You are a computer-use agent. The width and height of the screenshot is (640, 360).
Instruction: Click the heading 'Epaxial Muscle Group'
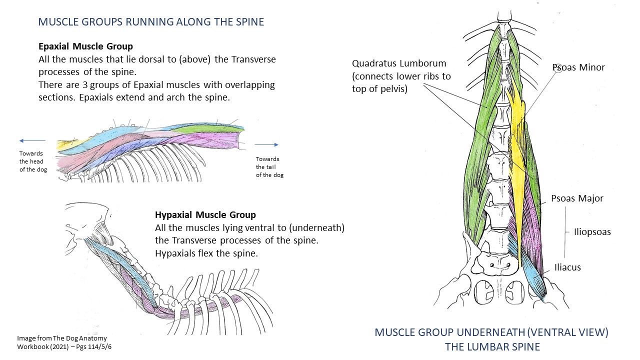85,46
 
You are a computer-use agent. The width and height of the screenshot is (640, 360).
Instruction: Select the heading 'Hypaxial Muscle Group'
205,215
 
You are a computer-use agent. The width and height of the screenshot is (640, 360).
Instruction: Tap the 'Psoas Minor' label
578,67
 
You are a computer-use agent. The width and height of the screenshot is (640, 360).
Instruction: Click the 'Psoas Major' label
577,198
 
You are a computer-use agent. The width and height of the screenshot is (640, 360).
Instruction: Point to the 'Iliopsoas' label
592,231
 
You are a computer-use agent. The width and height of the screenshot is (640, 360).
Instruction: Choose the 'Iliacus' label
567,267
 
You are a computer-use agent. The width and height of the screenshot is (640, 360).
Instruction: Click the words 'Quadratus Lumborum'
399,63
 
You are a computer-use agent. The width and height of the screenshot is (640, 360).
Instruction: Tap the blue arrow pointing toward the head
32,140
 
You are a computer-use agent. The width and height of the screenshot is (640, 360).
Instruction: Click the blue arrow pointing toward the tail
266,144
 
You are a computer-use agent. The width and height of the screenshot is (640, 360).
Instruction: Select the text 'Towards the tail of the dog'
269,167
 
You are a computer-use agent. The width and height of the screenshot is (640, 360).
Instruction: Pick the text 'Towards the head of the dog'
33,161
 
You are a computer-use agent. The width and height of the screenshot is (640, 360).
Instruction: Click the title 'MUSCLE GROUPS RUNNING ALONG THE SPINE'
151,22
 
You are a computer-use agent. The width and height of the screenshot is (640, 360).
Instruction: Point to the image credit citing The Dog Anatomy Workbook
64,342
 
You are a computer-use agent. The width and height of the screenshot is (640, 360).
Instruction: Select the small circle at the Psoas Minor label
558,68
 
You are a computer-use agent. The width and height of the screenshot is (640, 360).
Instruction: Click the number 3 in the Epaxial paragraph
85,85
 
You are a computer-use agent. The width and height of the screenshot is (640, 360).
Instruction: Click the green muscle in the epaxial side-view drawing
210,130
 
